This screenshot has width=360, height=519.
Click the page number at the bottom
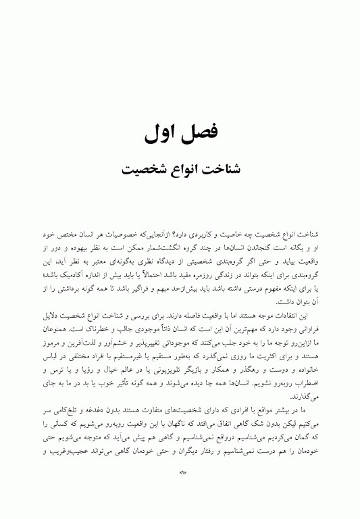coord(180,491)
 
